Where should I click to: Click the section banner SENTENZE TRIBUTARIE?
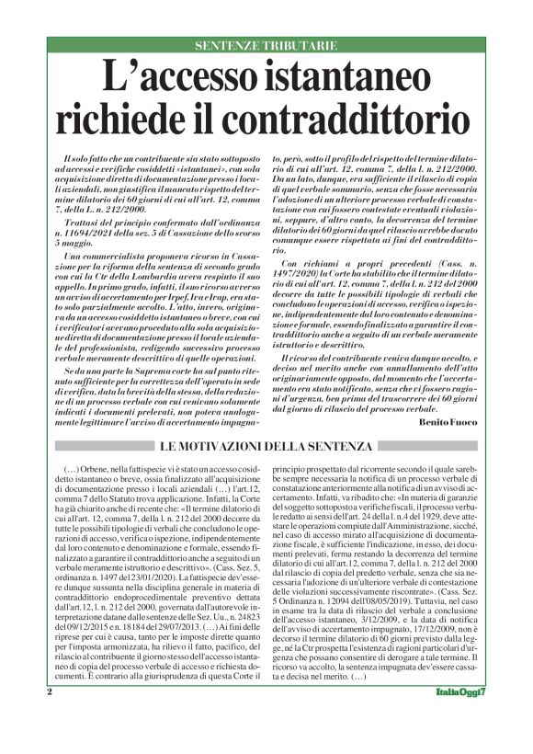(x=266, y=44)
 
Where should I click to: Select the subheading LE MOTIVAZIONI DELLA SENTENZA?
(x=266, y=447)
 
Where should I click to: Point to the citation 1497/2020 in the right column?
(x=302, y=270)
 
